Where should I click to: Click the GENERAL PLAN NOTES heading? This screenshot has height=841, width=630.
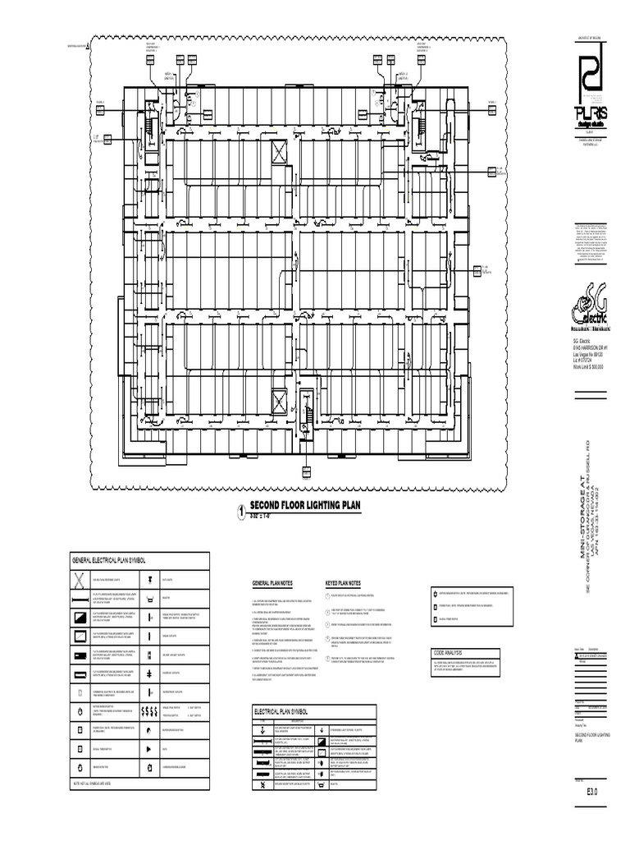272,582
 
